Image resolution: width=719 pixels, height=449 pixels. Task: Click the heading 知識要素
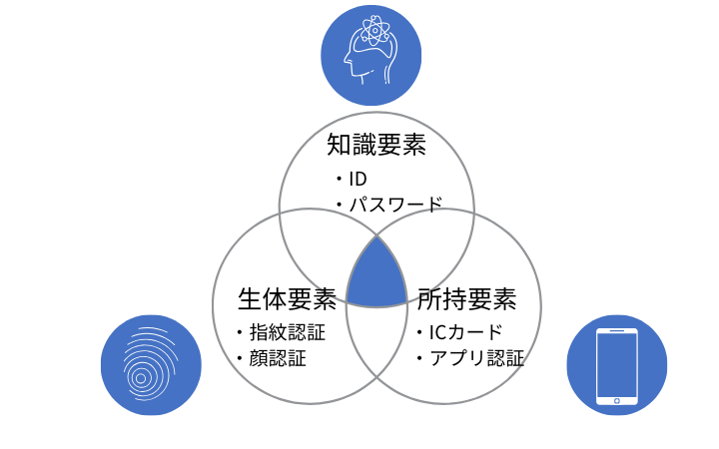(x=376, y=146)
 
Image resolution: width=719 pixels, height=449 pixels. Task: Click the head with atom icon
(x=370, y=55)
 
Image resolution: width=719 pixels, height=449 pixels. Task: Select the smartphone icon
(x=616, y=365)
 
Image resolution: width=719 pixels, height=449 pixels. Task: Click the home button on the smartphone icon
(x=616, y=399)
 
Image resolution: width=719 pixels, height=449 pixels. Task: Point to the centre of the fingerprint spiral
(x=141, y=378)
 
